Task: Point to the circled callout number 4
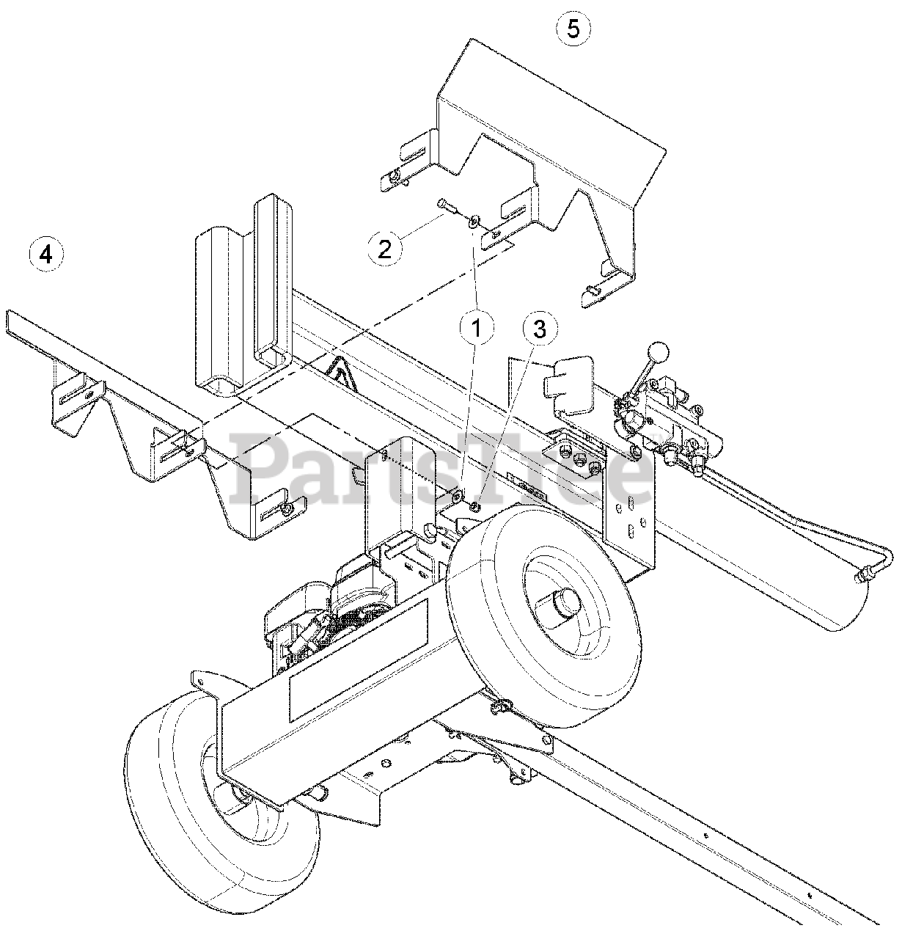46,255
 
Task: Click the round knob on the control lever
661,351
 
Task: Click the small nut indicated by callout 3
474,505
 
